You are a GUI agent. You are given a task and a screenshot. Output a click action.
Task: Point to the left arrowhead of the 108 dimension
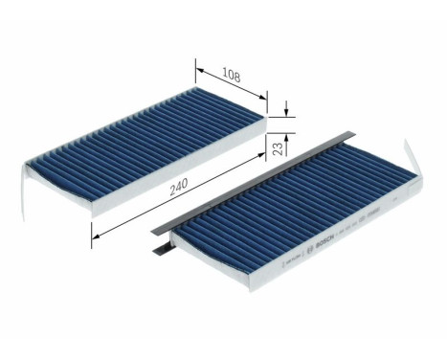tap(198, 66)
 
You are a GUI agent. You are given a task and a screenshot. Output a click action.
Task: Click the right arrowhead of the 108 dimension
tap(264, 96)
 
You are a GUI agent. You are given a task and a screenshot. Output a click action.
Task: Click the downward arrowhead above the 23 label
tap(286, 113)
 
